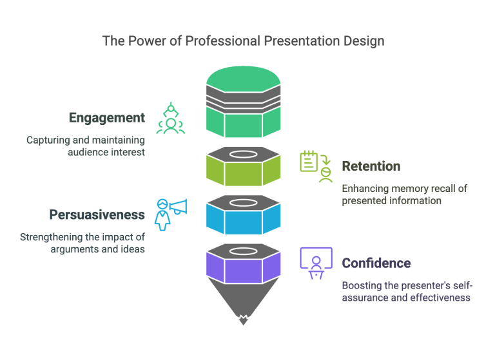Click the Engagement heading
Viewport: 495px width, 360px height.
coord(106,118)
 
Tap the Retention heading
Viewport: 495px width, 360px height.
coord(371,166)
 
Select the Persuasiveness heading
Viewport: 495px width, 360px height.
coord(97,214)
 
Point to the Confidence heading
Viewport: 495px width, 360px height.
coord(376,263)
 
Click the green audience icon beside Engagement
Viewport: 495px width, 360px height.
coord(171,119)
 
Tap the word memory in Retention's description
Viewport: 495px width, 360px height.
coord(407,188)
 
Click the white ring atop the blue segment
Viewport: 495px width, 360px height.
coord(243,204)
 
